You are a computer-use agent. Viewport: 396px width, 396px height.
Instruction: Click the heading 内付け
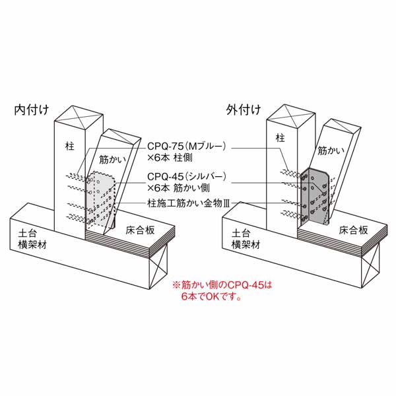point(31,110)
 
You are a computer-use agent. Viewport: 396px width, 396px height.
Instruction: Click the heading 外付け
point(243,110)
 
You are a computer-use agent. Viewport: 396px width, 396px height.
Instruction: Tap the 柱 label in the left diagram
point(70,147)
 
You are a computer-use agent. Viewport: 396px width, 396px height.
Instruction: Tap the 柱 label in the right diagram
point(280,138)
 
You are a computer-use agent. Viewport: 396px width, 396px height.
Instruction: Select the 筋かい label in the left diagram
point(112,159)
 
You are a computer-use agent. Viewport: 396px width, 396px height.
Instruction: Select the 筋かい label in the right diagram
point(331,150)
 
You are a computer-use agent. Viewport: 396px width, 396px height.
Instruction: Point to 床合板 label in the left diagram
point(140,230)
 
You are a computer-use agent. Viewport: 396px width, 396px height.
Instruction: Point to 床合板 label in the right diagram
point(353,230)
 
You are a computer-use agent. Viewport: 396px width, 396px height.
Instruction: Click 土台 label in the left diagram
point(27,234)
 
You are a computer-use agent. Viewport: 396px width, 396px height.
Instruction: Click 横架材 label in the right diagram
point(246,245)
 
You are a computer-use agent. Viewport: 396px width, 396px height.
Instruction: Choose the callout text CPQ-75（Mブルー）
point(186,147)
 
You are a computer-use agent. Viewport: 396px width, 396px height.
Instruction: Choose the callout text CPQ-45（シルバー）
point(186,176)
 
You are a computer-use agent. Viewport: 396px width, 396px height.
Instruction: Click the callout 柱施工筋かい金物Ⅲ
point(189,203)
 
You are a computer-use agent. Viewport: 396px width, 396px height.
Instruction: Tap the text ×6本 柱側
point(170,158)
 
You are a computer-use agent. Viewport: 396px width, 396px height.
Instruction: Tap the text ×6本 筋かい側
point(178,188)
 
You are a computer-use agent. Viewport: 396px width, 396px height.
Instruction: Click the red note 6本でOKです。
point(211,296)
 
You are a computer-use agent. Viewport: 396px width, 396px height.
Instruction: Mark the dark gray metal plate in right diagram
point(314,196)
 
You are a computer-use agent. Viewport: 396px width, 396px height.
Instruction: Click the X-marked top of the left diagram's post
point(79,117)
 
